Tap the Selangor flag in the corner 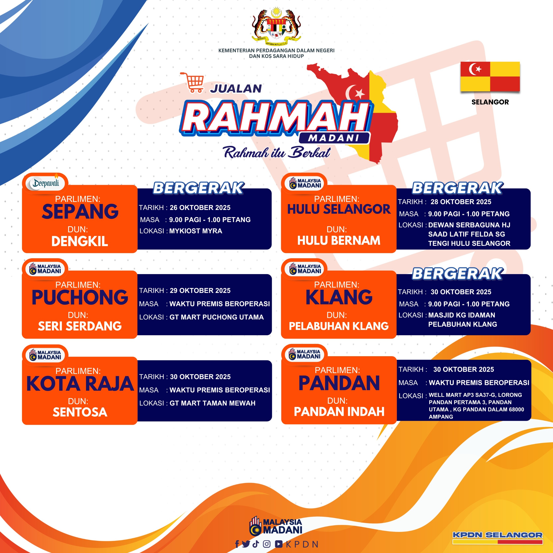(x=490, y=76)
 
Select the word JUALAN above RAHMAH (x=236, y=88)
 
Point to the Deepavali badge (x=46, y=183)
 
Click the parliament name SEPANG (x=80, y=211)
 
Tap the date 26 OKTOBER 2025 (x=200, y=208)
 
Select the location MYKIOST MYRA (x=195, y=231)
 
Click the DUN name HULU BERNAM (x=339, y=240)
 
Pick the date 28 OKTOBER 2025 (x=461, y=202)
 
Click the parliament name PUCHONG (x=80, y=297)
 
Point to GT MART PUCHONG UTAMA (x=217, y=317)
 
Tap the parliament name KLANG (x=339, y=297)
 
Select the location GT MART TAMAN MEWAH (x=212, y=403)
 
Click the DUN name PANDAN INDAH (x=339, y=412)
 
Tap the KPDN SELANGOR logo (x=497, y=537)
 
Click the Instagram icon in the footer (x=267, y=544)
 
